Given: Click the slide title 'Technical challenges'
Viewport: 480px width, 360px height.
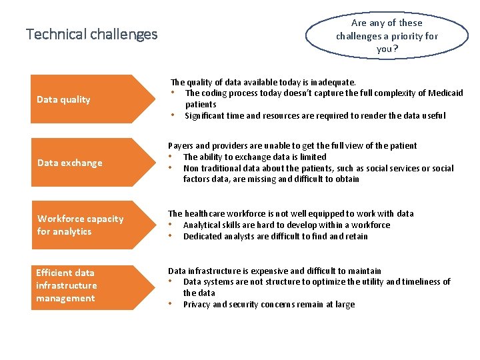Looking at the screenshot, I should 91,34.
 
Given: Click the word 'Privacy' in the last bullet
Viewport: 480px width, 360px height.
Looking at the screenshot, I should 197,305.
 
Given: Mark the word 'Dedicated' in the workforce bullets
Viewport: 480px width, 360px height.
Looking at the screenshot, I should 202,237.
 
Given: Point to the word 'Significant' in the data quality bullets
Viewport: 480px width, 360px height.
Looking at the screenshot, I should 206,116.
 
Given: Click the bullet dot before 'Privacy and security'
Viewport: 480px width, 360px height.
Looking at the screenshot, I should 171,304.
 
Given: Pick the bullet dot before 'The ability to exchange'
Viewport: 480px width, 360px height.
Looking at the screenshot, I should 171,157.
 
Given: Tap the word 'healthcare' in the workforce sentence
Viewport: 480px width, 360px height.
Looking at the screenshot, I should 207,214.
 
